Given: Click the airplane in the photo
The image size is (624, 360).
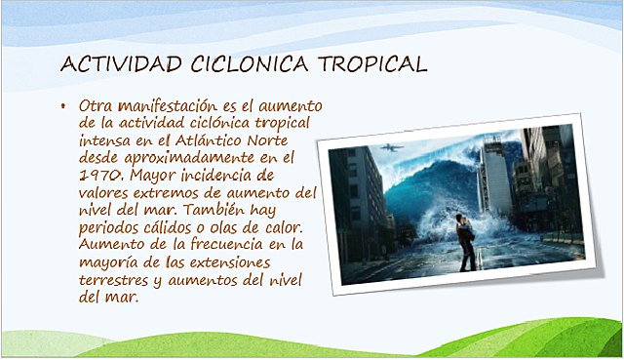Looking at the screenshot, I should (390, 147).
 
